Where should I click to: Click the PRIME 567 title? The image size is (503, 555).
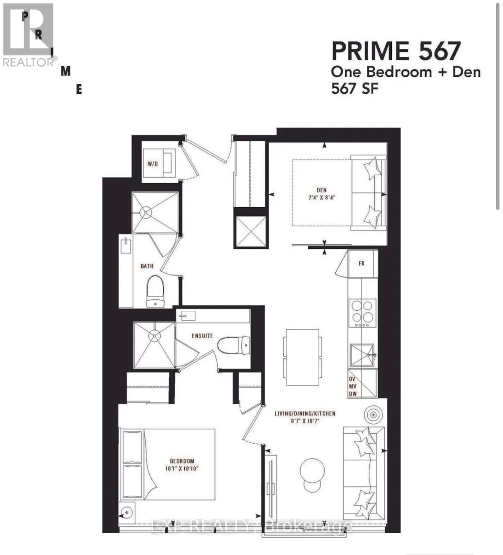pyautogui.click(x=396, y=51)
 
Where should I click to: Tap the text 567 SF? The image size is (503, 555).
pyautogui.click(x=355, y=88)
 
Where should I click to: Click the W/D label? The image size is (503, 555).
pyautogui.click(x=153, y=164)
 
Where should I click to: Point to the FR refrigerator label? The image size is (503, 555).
pyautogui.click(x=361, y=263)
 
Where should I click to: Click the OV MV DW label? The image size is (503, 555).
pyautogui.click(x=352, y=386)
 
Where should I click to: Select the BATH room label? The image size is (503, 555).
pyautogui.click(x=147, y=266)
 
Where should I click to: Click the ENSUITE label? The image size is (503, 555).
pyautogui.click(x=202, y=335)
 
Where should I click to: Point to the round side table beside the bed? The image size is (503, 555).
pyautogui.click(x=126, y=512)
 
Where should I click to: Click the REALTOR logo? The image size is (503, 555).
pyautogui.click(x=28, y=35)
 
